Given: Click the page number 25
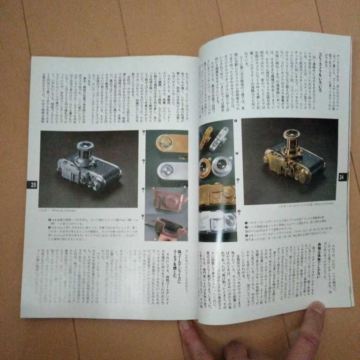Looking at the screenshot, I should tap(33, 185).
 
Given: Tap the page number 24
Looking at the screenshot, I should tap(342, 177).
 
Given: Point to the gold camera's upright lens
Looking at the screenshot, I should tap(291, 139).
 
